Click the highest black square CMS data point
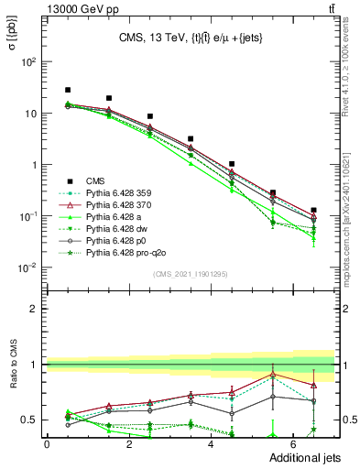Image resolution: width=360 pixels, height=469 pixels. point(68,90)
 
